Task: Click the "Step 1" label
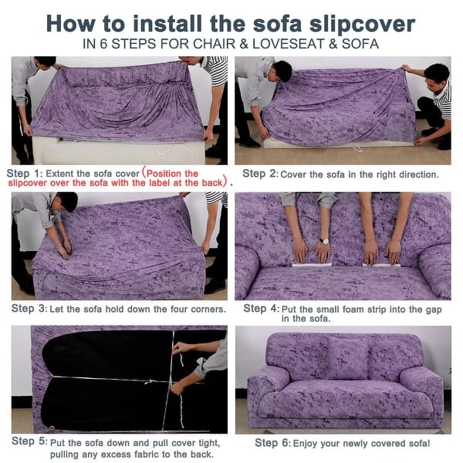24,174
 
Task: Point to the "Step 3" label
29,309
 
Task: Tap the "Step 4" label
261,309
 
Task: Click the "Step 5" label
29,441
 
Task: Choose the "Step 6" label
272,443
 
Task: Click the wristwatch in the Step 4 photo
324,241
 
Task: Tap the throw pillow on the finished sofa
347,359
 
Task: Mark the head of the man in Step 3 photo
68,201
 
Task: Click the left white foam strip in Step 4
312,265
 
